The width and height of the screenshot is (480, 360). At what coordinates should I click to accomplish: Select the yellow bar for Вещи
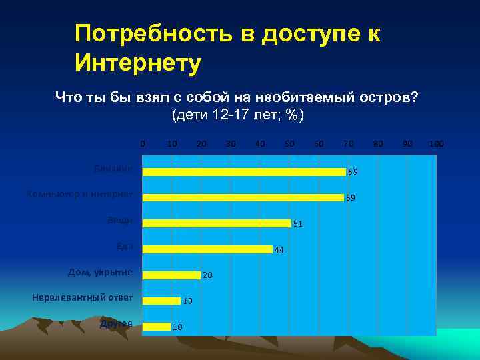tap(217, 223)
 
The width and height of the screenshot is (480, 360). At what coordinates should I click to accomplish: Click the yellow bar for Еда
tap(207, 249)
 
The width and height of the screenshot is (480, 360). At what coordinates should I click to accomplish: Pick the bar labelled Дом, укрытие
tap(171, 275)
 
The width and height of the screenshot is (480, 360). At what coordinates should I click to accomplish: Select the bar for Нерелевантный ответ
tap(161, 301)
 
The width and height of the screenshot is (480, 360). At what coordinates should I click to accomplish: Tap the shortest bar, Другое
tap(157, 326)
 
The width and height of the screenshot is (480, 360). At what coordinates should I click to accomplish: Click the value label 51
tap(298, 224)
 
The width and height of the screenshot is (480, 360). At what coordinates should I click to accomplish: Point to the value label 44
tap(279, 250)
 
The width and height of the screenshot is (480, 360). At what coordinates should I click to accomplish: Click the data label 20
tap(207, 275)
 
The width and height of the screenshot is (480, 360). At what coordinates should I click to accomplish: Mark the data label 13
tap(187, 301)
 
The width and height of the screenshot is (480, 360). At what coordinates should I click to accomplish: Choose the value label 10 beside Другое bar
tap(177, 327)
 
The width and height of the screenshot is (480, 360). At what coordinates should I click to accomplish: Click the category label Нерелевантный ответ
tap(82, 297)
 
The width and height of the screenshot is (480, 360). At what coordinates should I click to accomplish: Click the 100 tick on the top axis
tap(437, 143)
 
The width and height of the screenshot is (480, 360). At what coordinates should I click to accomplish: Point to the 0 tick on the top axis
tap(142, 143)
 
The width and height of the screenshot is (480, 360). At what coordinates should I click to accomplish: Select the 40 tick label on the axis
tap(260, 143)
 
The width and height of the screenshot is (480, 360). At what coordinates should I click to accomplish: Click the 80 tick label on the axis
tap(378, 143)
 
